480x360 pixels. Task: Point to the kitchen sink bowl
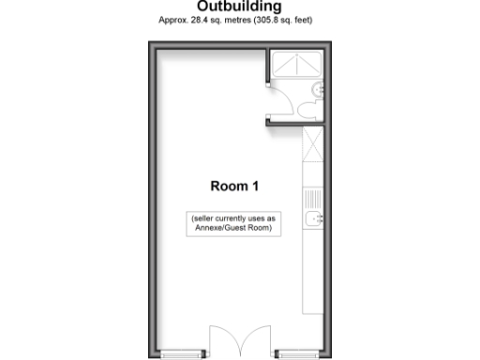click(x=312, y=221)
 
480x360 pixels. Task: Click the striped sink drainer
click(x=312, y=199)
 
